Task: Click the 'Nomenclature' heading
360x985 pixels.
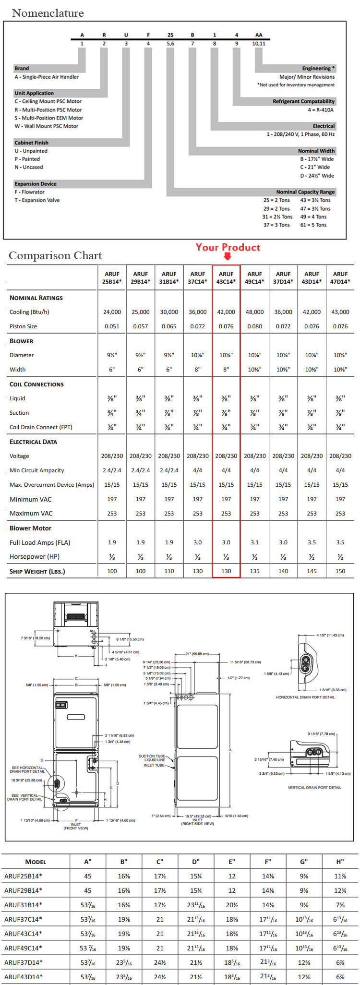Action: pyautogui.click(x=48, y=13)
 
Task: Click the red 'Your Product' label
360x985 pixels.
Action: pyautogui.click(x=228, y=247)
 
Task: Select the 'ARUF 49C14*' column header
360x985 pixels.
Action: pyautogui.click(x=254, y=277)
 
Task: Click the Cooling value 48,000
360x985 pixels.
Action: pyautogui.click(x=254, y=312)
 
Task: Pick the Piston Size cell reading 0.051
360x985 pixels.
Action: pyautogui.click(x=112, y=326)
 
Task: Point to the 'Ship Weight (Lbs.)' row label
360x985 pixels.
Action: pyautogui.click(x=37, y=571)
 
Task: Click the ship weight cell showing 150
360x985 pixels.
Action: pyautogui.click(x=340, y=571)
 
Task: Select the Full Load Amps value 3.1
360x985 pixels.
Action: pyautogui.click(x=254, y=542)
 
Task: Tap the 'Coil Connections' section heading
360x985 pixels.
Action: pyautogui.click(x=36, y=384)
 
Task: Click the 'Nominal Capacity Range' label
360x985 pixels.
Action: pyautogui.click(x=305, y=192)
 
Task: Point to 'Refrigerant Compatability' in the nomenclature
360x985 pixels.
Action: pyautogui.click(x=303, y=101)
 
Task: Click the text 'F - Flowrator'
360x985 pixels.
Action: pyautogui.click(x=29, y=192)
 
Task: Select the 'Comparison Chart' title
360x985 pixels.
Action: pyautogui.click(x=55, y=255)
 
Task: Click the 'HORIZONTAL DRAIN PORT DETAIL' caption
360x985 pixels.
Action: pyautogui.click(x=305, y=697)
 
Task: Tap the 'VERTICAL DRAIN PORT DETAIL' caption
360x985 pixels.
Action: pyautogui.click(x=314, y=788)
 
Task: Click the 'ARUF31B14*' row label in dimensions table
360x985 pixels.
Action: pyautogui.click(x=23, y=904)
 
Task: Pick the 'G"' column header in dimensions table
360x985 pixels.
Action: pyautogui.click(x=304, y=862)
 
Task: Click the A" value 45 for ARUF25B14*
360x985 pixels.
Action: pyautogui.click(x=88, y=876)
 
